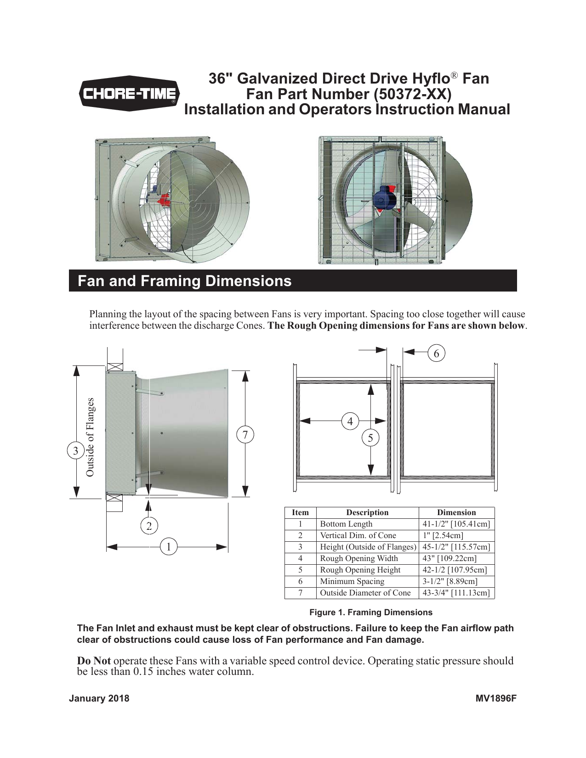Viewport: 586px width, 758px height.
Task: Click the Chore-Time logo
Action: [x=130, y=94]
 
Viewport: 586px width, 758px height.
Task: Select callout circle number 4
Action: [x=350, y=421]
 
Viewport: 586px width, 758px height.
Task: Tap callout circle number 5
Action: [x=370, y=438]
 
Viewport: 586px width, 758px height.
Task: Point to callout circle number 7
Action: [x=245, y=434]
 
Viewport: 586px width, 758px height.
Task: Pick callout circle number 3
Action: [x=75, y=451]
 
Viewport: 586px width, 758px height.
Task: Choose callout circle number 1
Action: [x=169, y=547]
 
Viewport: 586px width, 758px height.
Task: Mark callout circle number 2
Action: [x=149, y=526]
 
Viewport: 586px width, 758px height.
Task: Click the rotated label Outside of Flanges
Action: [x=90, y=437]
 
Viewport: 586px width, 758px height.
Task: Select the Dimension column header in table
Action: [x=456, y=512]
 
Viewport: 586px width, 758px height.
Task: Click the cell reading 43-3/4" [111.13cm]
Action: [x=456, y=593]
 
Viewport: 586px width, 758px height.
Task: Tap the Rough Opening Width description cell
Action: [x=358, y=558]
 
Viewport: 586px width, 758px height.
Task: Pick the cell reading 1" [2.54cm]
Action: [x=443, y=535]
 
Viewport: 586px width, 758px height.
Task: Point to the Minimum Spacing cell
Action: [x=352, y=581]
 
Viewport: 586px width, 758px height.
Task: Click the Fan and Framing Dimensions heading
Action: [x=184, y=281]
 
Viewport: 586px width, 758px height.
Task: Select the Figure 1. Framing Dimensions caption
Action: [x=370, y=612]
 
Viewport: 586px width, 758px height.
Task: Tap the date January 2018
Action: [x=99, y=699]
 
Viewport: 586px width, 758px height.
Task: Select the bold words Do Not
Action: [x=94, y=661]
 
